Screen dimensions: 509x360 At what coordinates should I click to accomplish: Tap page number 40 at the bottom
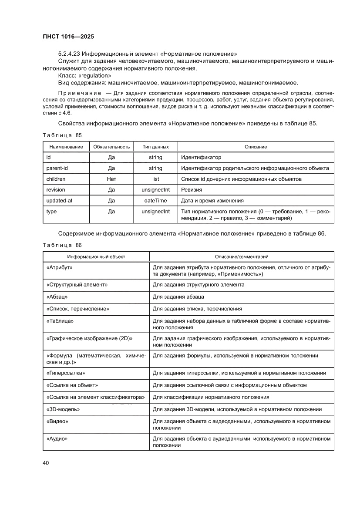(x=46, y=462)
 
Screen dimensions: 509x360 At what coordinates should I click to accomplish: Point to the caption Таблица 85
(x=62, y=135)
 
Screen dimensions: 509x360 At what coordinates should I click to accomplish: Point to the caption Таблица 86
(x=62, y=245)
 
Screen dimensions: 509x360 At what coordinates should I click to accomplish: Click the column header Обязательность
(x=111, y=147)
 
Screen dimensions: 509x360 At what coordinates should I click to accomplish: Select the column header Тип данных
(x=155, y=147)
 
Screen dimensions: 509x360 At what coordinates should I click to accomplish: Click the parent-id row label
(x=55, y=168)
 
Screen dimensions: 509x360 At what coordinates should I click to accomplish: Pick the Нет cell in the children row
(x=111, y=179)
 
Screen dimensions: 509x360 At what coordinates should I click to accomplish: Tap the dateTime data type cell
(x=155, y=201)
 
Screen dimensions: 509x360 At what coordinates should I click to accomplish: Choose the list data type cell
(x=155, y=179)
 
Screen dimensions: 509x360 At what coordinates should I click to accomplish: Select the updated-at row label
(x=58, y=201)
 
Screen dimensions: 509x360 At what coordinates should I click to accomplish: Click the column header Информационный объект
(x=96, y=257)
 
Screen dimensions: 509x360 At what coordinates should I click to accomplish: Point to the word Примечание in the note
(x=76, y=93)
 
